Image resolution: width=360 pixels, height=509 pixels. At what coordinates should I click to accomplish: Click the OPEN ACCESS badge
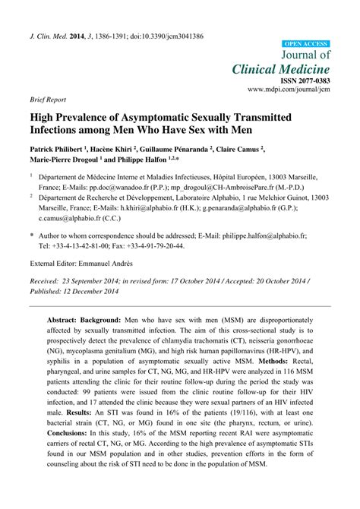click(305, 44)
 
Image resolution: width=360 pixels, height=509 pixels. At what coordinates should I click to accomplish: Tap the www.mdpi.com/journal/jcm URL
click(289, 90)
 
